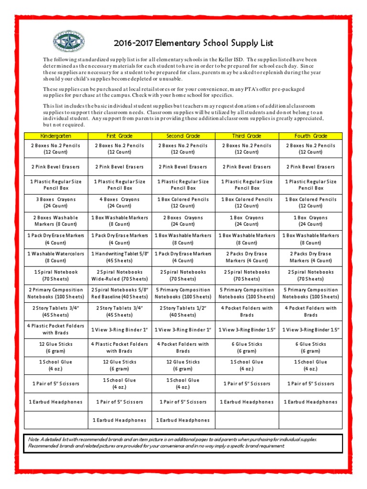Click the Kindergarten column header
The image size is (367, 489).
coord(55,136)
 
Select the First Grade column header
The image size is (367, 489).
coord(119,136)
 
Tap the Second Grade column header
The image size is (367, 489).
coord(183,136)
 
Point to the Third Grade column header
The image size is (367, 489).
coord(247,136)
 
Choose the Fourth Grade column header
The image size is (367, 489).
coord(311,136)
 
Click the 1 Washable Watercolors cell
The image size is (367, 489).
coord(55,257)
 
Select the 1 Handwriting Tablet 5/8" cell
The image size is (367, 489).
coord(119,257)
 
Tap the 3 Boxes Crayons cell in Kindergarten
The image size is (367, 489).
coord(55,202)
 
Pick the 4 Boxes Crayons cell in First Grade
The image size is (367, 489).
coord(119,202)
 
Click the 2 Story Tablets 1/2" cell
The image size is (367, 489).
coord(183,311)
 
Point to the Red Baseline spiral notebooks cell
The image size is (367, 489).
coord(119,293)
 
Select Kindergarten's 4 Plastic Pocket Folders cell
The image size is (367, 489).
coord(55,329)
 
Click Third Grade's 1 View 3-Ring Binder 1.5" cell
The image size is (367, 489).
coord(247,330)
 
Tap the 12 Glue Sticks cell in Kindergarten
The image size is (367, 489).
coord(55,347)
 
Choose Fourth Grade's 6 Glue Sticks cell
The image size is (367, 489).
coord(311,347)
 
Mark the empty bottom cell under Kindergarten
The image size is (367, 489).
coord(55,420)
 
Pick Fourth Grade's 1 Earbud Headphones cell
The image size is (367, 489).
coord(311,402)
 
